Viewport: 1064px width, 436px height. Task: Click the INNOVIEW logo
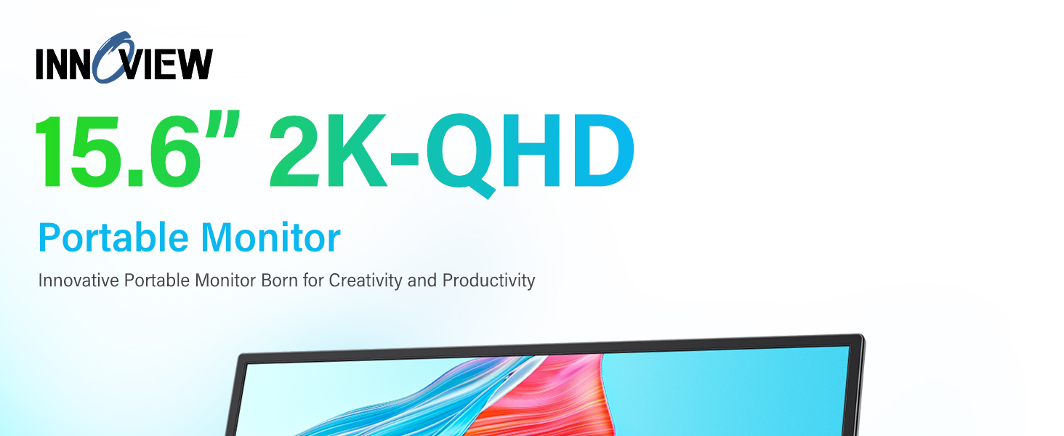click(124, 58)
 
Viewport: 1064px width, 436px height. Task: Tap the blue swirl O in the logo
click(112, 57)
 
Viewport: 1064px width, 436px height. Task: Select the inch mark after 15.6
click(222, 124)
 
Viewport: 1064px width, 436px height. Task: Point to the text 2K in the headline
click(328, 151)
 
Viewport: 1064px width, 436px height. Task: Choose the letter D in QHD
click(603, 151)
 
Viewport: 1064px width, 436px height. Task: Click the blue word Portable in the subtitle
click(113, 237)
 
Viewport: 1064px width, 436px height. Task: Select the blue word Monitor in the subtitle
click(271, 237)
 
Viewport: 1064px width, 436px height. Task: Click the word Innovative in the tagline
click(78, 280)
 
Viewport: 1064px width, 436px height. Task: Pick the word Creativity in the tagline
click(366, 281)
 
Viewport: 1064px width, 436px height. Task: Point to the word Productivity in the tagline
click(488, 281)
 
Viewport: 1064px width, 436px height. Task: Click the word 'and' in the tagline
click(422, 280)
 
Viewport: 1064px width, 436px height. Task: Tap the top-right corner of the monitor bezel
click(862, 336)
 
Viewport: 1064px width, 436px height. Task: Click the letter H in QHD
click(533, 151)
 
